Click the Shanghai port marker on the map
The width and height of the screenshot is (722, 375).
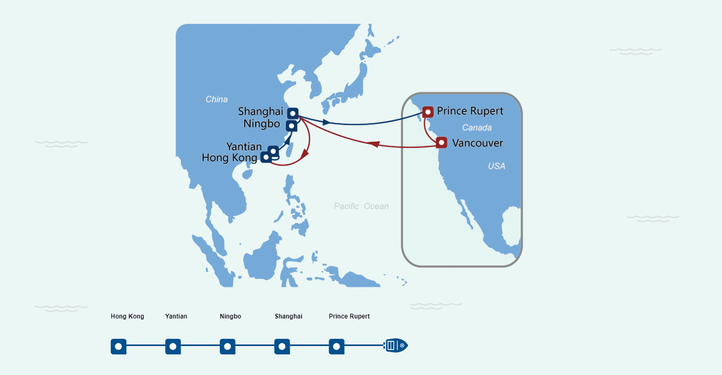pyautogui.click(x=293, y=113)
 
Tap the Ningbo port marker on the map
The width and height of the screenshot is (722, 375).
pyautogui.click(x=291, y=126)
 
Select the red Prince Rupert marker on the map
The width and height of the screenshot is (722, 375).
pyautogui.click(x=428, y=112)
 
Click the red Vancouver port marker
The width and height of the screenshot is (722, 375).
pyautogui.click(x=442, y=143)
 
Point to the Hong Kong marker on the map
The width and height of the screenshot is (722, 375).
pyautogui.click(x=266, y=157)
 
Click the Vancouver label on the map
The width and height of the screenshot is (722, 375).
pyautogui.click(x=477, y=143)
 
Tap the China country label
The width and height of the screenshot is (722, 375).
pyautogui.click(x=217, y=99)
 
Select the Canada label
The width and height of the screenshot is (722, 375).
pyautogui.click(x=477, y=128)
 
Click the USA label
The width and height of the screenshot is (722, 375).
pyautogui.click(x=496, y=166)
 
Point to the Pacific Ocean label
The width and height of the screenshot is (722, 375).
pyautogui.click(x=361, y=206)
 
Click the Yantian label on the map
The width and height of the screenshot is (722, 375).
pyautogui.click(x=244, y=146)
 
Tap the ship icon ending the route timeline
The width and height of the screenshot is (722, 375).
pyautogui.click(x=396, y=345)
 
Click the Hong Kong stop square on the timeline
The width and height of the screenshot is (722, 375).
pyautogui.click(x=118, y=346)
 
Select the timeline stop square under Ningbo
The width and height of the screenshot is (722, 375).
pyautogui.click(x=228, y=346)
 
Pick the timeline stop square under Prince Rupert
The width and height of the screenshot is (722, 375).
pyautogui.click(x=337, y=346)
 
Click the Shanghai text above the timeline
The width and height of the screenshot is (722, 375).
pyautogui.click(x=289, y=316)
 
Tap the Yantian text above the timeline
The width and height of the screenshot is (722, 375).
pyautogui.click(x=176, y=316)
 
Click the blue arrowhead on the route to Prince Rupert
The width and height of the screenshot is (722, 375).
pyautogui.click(x=326, y=122)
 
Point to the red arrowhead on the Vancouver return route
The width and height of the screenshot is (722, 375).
pyautogui.click(x=374, y=144)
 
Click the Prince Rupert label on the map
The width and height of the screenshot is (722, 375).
pyautogui.click(x=470, y=111)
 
